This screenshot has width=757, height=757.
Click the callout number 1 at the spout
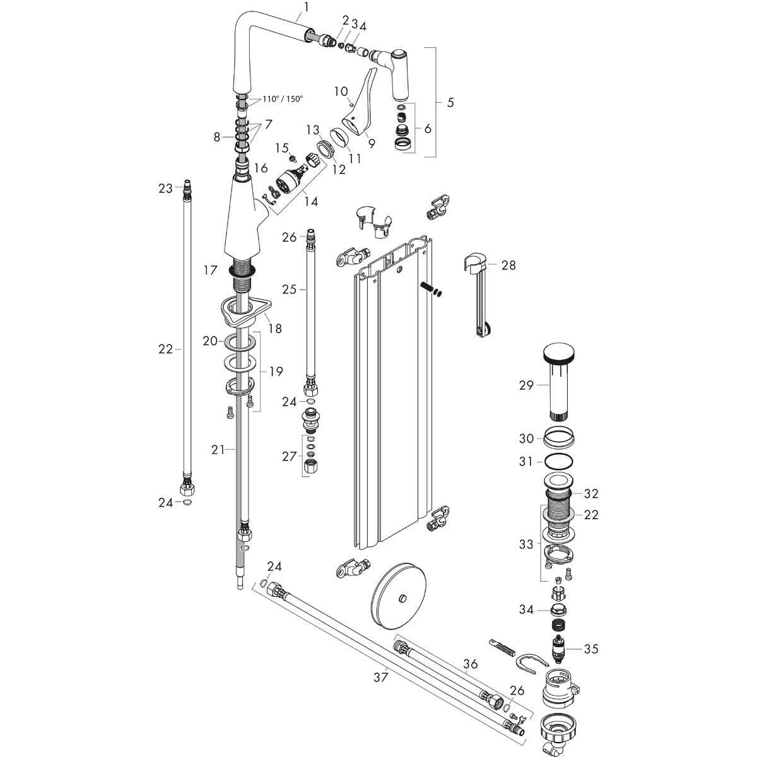point(306,7)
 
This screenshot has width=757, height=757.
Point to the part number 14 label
point(310,202)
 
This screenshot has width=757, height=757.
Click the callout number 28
point(508,266)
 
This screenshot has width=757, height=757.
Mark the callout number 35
point(591,649)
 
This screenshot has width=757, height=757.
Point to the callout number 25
point(289,290)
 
